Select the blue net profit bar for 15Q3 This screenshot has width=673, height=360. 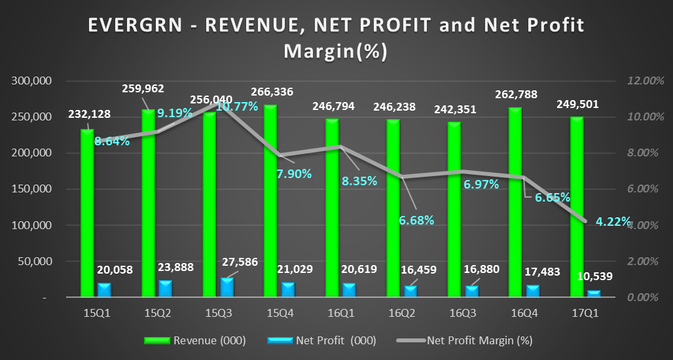click(226, 287)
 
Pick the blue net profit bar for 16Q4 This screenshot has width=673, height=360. click(533, 291)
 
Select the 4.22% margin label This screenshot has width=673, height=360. click(613, 221)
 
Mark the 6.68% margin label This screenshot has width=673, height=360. click(416, 220)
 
